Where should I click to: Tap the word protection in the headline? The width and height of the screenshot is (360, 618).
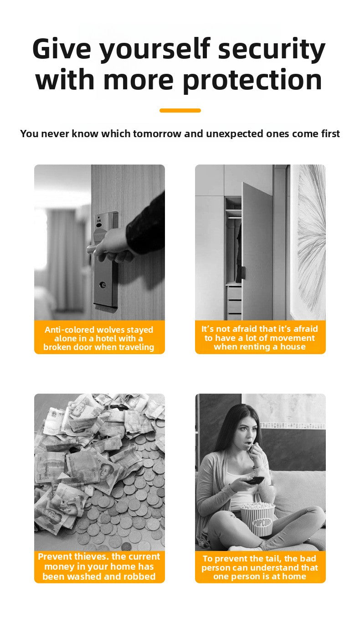coord(252,80)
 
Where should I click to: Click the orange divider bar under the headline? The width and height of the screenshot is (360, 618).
coord(180,110)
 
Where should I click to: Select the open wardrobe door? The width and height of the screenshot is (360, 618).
coord(257,251)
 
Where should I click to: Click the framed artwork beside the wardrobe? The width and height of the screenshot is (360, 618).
coord(309,242)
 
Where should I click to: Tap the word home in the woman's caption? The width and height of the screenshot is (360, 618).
coord(294,577)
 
